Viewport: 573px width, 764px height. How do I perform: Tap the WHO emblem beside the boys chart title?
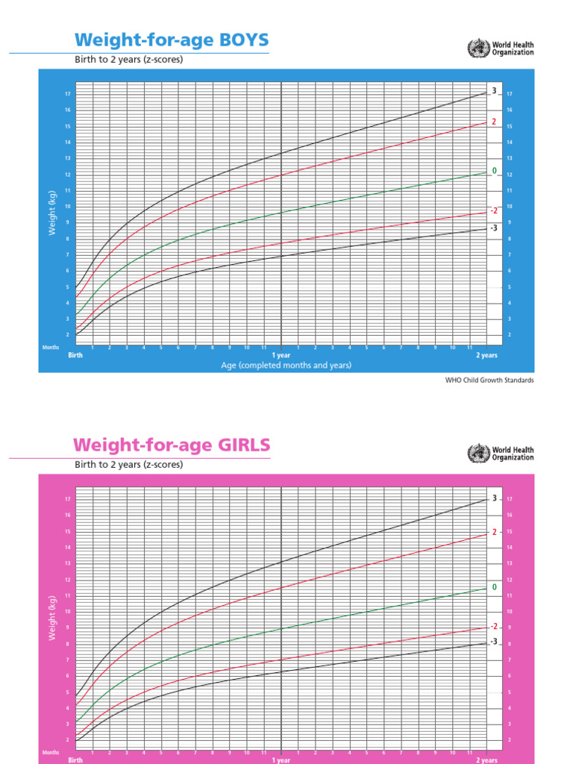[x=475, y=48]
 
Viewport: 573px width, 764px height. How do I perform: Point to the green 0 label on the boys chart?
[x=494, y=172]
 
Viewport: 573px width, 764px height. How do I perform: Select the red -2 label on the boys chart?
[x=493, y=210]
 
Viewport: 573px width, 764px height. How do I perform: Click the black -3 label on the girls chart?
[x=493, y=642]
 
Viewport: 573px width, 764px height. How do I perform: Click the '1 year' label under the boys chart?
[x=281, y=356]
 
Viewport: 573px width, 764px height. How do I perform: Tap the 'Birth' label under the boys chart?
[x=75, y=356]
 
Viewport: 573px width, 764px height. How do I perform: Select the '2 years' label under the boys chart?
[x=486, y=356]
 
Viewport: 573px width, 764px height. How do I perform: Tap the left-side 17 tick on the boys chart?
[x=67, y=94]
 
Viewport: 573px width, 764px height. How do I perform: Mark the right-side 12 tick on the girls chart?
[x=509, y=580]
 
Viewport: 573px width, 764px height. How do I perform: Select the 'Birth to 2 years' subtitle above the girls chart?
[x=128, y=464]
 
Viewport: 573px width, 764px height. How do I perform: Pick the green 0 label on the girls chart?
[x=494, y=588]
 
